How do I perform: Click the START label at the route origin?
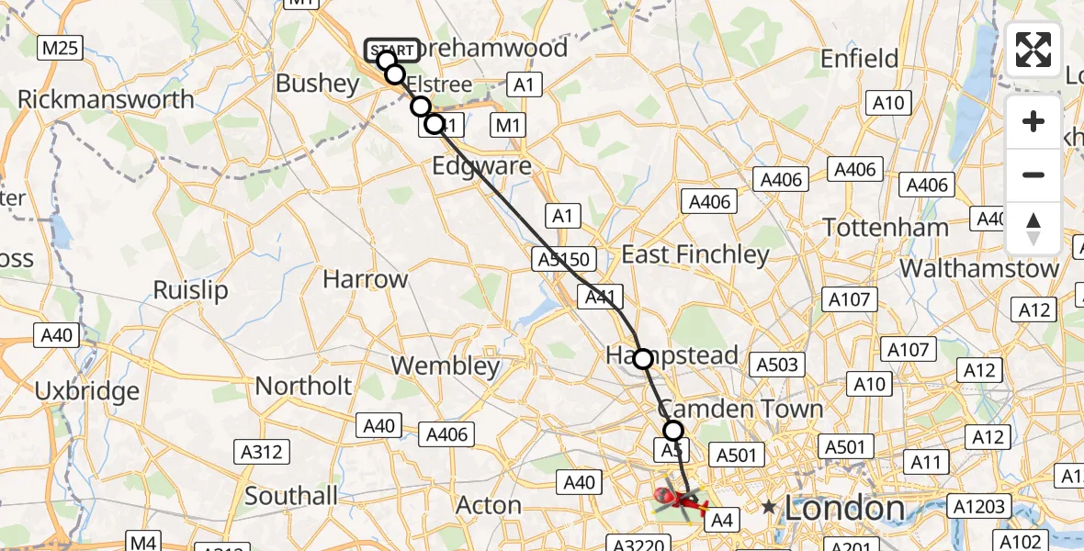point(393,49)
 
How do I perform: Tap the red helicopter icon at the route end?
point(678,500)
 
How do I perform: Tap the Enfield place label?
point(859,59)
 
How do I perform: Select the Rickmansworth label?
point(106,99)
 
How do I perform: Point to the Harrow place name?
point(366,279)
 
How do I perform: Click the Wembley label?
point(446,365)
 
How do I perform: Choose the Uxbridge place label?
point(87,390)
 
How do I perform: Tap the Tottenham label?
point(886,227)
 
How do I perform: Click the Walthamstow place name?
point(980,268)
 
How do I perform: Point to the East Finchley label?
point(695,254)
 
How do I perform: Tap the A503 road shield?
point(778,365)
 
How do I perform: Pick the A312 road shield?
point(263,452)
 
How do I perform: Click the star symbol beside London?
point(769,507)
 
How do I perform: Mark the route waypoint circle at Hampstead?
point(643,359)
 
